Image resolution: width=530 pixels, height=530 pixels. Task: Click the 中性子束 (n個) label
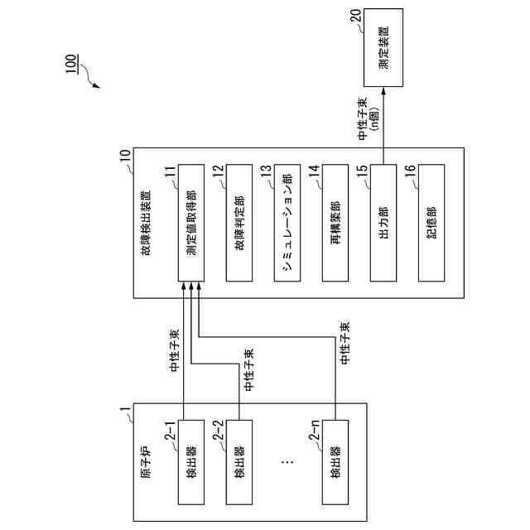pos(367,117)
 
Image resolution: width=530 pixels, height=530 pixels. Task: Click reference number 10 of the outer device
pos(125,154)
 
